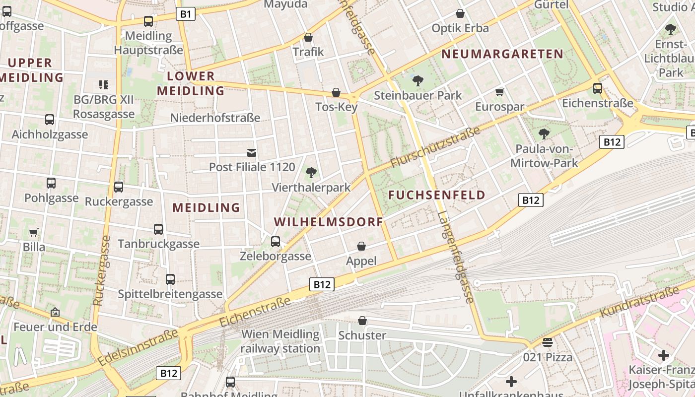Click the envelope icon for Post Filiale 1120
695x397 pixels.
[x=252, y=152]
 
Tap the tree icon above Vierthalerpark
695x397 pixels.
[x=311, y=173]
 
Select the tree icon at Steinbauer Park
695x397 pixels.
[x=418, y=80]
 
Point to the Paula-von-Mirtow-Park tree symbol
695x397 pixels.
[x=544, y=134]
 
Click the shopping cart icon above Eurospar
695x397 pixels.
[x=500, y=92]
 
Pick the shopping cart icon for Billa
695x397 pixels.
[x=34, y=232]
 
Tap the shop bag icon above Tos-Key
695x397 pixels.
[x=336, y=93]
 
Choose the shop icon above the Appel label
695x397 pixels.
[x=361, y=246]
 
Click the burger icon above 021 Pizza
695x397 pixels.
[x=548, y=342]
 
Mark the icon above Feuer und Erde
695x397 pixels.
[x=55, y=313]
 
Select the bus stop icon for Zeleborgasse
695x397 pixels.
[x=276, y=242]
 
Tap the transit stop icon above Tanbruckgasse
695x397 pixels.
[x=158, y=229]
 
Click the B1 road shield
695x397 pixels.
[x=186, y=14]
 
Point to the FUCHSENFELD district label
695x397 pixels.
[x=437, y=195]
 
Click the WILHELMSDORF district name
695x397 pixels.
[x=328, y=222]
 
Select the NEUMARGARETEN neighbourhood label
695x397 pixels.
[x=502, y=54]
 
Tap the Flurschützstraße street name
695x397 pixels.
[x=435, y=147]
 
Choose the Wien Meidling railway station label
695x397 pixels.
[x=280, y=341]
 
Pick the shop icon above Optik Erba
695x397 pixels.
[x=460, y=13]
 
